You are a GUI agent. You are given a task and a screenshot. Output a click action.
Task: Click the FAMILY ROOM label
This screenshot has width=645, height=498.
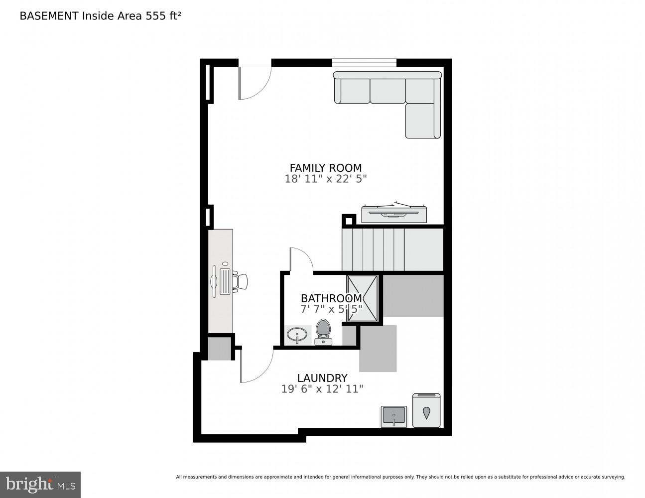tap(326, 168)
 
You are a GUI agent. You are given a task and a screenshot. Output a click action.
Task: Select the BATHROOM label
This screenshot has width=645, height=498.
tap(331, 298)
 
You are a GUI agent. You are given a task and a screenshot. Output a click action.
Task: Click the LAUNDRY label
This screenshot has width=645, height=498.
tap(322, 378)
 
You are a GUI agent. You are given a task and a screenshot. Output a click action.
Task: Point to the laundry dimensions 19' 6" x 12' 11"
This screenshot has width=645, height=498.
tap(322, 389)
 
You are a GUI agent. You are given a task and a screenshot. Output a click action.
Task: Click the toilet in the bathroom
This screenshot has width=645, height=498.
tap(323, 332)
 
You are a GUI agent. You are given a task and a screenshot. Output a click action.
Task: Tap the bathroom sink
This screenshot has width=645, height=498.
tap(298, 335)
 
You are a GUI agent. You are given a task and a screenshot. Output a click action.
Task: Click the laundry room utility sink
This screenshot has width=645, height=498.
tap(393, 416)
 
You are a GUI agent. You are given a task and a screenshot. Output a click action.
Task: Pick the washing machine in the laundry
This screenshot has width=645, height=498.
tap(426, 410)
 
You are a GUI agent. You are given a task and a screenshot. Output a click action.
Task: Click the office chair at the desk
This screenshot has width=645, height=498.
tap(241, 281)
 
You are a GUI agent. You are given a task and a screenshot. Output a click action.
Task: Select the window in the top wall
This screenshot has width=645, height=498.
tap(364, 63)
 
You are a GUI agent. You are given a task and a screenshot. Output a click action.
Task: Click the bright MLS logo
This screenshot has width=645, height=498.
tap(40, 485)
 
